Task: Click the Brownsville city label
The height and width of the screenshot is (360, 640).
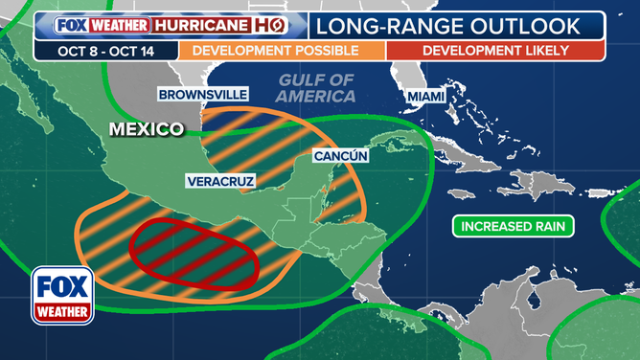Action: point(203,95)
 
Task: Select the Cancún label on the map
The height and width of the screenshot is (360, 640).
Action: point(341,156)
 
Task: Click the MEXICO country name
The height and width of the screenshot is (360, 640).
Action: point(146,129)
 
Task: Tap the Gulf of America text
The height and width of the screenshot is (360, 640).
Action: point(315,87)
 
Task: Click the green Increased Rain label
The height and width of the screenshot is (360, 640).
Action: point(514,227)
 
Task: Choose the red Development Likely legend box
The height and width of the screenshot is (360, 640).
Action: point(495,50)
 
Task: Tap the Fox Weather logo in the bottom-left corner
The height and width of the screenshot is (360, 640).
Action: point(62,294)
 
